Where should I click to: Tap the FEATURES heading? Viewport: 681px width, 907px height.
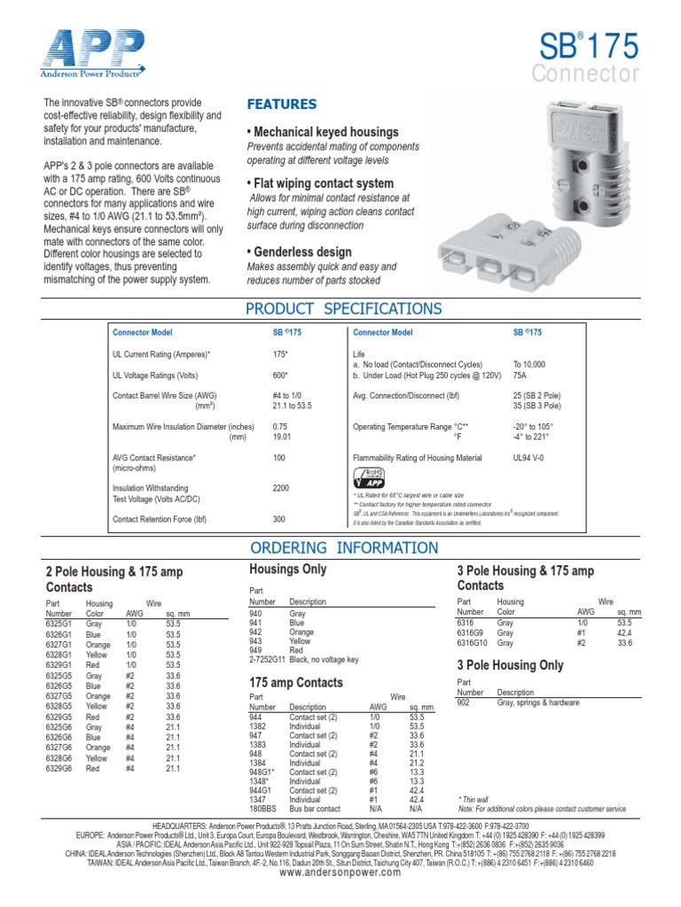pyautogui.click(x=281, y=105)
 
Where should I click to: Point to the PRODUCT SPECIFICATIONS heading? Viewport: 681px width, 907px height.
pyautogui.click(x=342, y=308)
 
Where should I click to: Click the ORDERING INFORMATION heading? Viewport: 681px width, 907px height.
pyautogui.click(x=342, y=547)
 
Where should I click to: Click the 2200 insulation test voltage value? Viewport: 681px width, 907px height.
pyautogui.click(x=281, y=488)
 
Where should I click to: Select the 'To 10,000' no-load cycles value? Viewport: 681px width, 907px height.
pyautogui.click(x=529, y=364)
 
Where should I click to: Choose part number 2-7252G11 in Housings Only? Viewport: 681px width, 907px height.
pyautogui.click(x=267, y=660)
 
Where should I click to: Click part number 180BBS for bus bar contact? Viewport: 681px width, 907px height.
pyautogui.click(x=263, y=809)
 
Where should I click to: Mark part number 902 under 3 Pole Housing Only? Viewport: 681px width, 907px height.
pyautogui.click(x=464, y=702)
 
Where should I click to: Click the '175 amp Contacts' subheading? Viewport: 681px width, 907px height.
pyautogui.click(x=296, y=683)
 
